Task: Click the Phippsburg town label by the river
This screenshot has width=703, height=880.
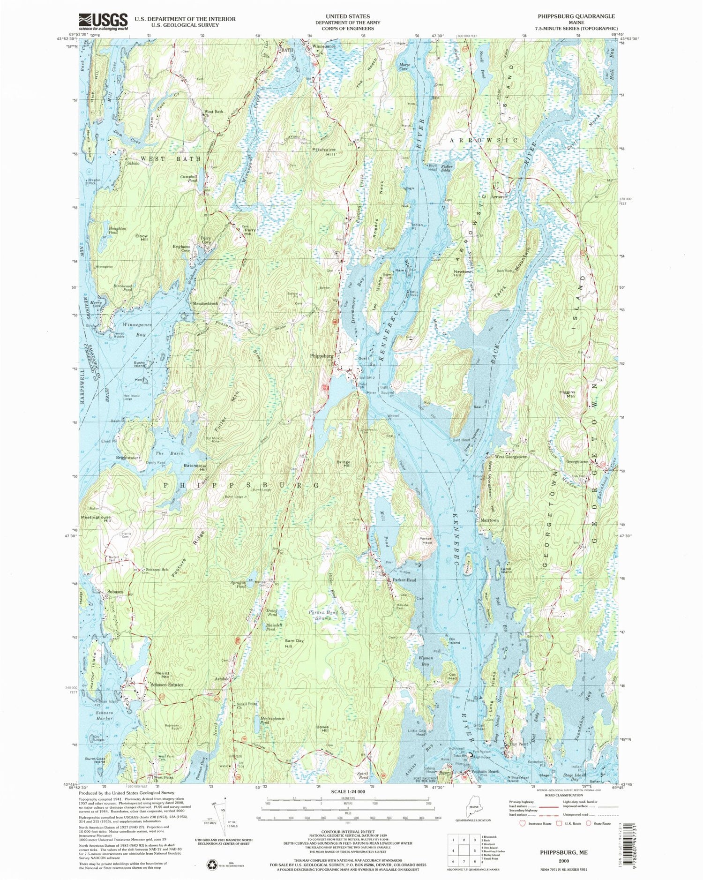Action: tap(322, 356)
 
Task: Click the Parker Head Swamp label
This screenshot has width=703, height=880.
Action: tap(323, 616)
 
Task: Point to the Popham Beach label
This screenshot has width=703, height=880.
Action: tap(485, 771)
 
